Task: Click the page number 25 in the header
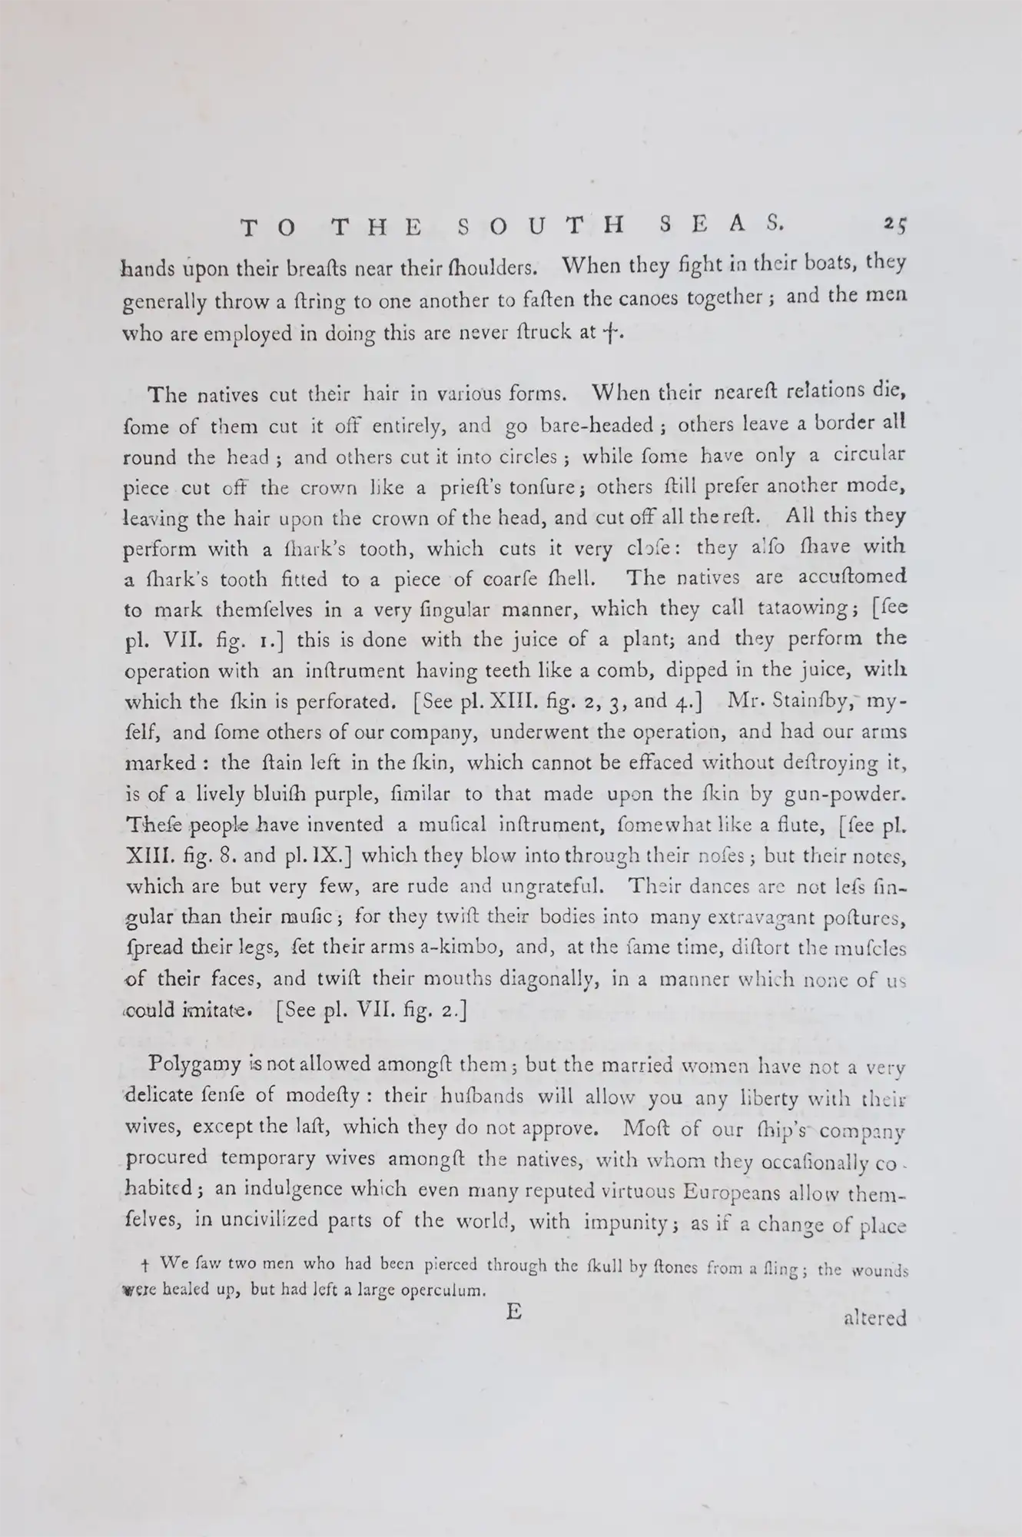(894, 224)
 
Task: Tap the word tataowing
(800, 609)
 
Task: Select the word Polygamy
(194, 1066)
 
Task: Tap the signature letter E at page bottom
(514, 1311)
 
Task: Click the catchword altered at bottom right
(874, 1318)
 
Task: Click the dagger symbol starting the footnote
(146, 1264)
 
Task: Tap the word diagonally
(546, 979)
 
